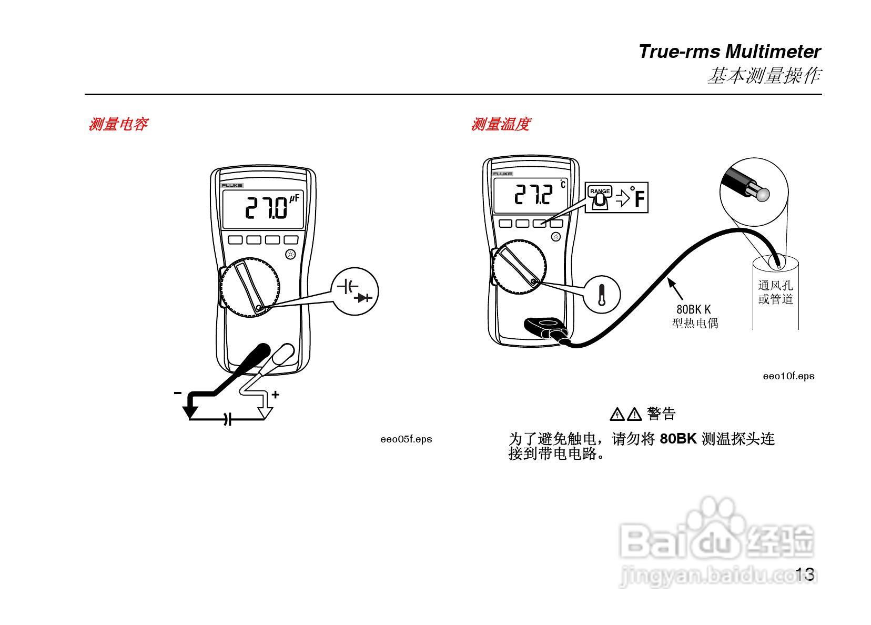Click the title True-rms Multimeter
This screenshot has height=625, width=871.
click(x=729, y=52)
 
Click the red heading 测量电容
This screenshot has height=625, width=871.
click(x=118, y=125)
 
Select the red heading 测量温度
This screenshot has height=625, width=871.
click(x=500, y=125)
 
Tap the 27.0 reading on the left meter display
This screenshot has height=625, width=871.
click(x=267, y=208)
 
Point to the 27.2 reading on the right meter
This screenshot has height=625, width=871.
click(x=533, y=195)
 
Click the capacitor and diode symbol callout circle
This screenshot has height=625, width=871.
click(x=355, y=292)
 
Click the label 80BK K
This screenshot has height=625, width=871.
click(x=693, y=309)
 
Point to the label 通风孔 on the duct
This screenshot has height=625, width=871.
click(x=775, y=286)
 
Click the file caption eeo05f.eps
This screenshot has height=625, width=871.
click(x=406, y=439)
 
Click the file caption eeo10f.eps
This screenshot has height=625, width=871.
click(x=788, y=376)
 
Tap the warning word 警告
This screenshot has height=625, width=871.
click(x=661, y=414)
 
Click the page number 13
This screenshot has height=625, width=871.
click(x=805, y=574)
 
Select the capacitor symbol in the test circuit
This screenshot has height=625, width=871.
click(x=227, y=419)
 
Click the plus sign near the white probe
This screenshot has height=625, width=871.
click(x=275, y=394)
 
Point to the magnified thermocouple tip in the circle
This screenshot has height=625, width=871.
click(x=763, y=194)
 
